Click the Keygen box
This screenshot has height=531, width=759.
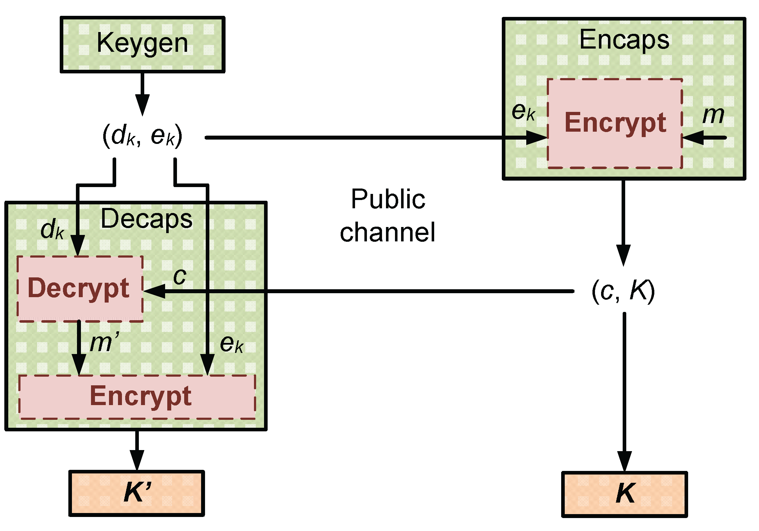142,44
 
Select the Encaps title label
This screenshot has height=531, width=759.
624,40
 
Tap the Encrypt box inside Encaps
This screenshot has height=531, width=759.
614,123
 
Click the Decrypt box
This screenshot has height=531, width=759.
79,289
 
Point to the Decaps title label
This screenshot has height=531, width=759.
146,219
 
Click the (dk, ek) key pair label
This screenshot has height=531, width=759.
142,136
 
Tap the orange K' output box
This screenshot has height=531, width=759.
137,493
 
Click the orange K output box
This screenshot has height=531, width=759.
624,494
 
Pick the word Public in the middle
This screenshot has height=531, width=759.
388,199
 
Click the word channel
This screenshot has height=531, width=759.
387,232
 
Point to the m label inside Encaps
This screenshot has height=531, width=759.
713,115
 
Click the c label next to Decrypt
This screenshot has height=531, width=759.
179,277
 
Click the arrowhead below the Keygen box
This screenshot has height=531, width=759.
142,104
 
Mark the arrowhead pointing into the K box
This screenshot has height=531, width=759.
624,461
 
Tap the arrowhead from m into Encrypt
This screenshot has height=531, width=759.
693,137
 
